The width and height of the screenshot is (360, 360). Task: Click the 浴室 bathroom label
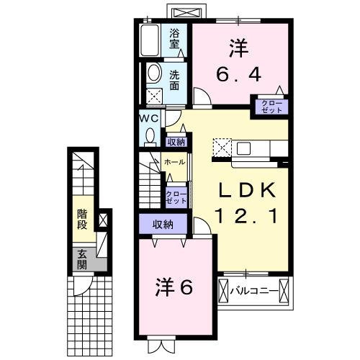(175, 38)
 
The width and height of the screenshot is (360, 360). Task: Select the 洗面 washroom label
(175, 78)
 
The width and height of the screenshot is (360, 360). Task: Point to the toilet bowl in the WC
(150, 135)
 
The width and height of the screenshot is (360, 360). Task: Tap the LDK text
(248, 190)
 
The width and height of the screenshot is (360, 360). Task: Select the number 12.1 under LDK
(248, 215)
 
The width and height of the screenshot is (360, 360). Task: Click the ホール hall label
(174, 162)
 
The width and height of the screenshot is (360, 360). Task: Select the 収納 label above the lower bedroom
(163, 225)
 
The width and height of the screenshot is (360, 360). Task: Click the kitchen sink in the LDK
(243, 149)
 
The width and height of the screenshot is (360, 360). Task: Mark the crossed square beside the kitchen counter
(220, 148)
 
